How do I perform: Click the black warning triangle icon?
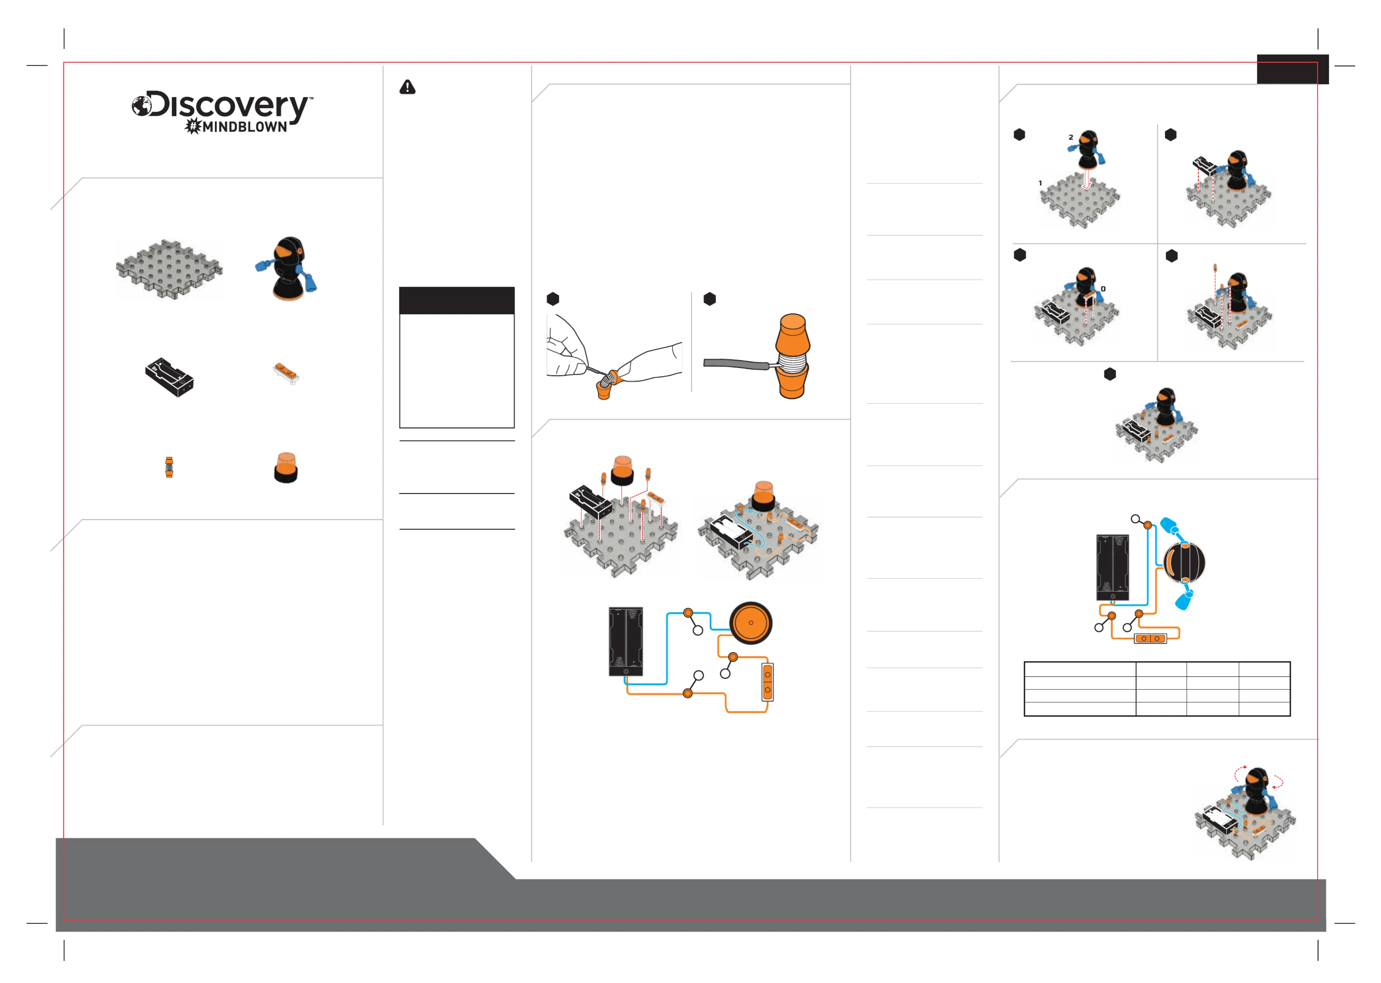point(407,87)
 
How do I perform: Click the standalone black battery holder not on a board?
point(169,376)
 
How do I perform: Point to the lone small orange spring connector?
point(169,467)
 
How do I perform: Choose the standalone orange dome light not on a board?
point(286,467)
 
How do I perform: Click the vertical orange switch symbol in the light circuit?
point(767,682)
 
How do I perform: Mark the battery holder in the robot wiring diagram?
point(1112,568)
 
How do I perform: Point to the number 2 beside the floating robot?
point(1071,137)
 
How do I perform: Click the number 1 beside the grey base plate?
point(1040,183)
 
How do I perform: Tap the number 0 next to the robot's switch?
point(1103,289)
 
